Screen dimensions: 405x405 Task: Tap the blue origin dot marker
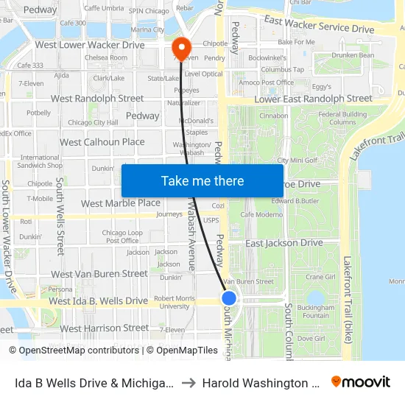tap(229, 297)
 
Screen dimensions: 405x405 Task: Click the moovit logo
tap(361, 382)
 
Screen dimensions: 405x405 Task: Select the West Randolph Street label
tap(97, 98)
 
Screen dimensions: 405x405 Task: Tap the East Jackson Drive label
tap(283, 243)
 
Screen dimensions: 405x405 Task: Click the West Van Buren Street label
tap(99, 274)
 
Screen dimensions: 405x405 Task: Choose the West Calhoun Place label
tap(102, 142)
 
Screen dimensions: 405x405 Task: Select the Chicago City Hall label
tap(93, 122)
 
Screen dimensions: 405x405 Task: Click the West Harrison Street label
tap(105, 328)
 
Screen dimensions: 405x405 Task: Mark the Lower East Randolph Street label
tap(313, 99)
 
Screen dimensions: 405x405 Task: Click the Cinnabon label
tap(274, 116)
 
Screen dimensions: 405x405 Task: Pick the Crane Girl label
tap(320, 278)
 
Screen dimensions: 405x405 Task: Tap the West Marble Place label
tap(120, 202)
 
